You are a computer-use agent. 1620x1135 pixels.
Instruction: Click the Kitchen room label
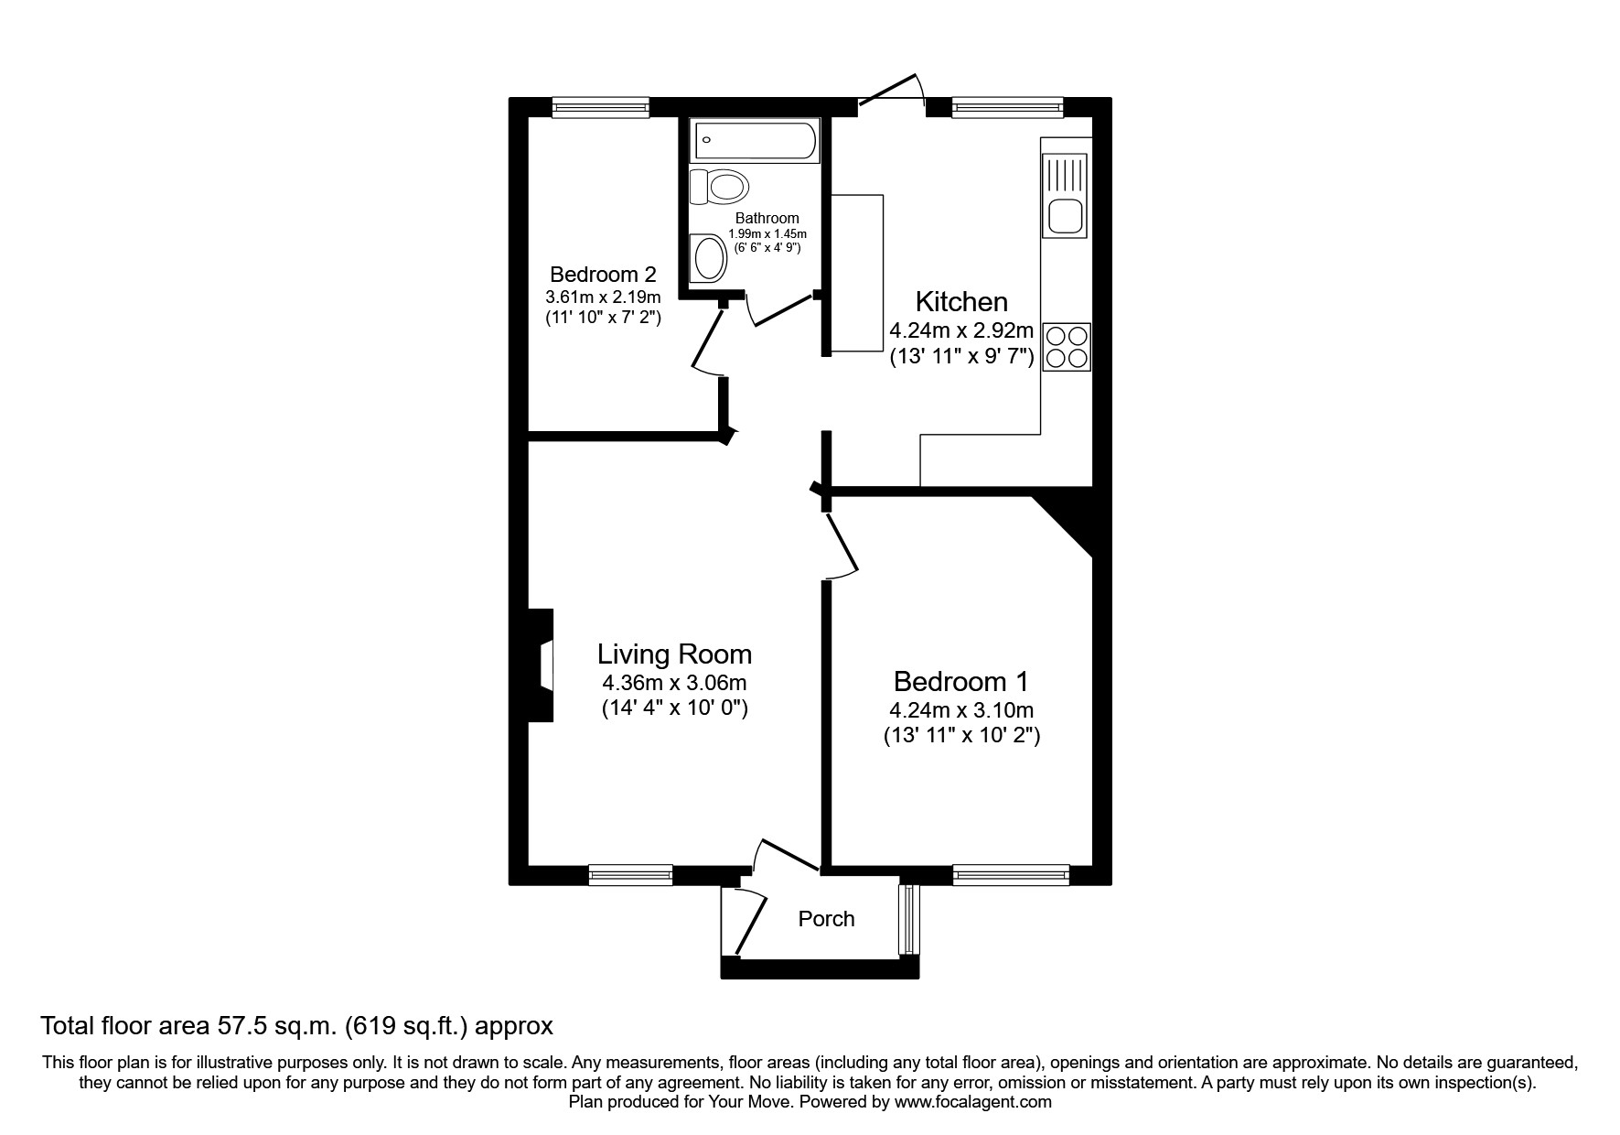961,301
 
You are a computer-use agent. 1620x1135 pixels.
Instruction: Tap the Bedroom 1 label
960,681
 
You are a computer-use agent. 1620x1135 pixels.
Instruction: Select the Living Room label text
674,654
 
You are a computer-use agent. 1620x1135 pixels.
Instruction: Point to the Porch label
826,919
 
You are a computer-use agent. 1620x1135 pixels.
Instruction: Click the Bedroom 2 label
603,274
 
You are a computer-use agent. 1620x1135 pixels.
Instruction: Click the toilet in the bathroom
720,187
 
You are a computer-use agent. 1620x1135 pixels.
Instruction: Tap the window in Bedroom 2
601,107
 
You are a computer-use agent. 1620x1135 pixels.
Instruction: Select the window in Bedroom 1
1011,875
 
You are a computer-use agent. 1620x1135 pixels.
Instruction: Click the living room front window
630,875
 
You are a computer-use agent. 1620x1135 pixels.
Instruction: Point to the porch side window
907,919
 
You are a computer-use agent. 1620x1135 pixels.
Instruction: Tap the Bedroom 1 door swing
842,546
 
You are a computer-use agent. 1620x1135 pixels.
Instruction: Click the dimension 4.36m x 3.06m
674,683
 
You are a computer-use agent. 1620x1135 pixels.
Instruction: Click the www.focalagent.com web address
973,1102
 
